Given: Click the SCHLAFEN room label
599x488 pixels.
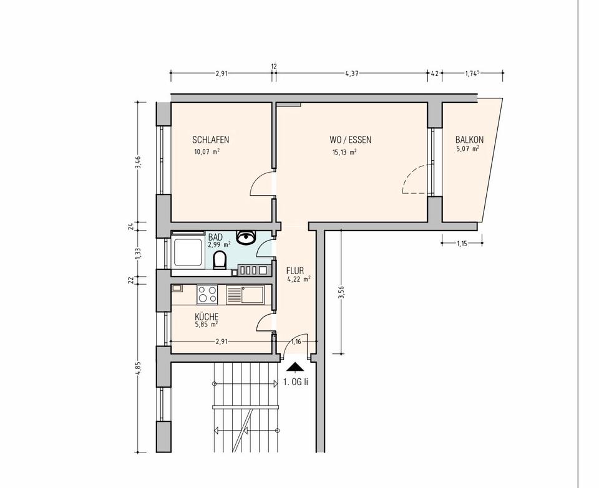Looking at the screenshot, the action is [x=210, y=140].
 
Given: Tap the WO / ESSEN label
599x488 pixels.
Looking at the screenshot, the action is [x=350, y=140].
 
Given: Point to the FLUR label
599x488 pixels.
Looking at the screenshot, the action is [x=295, y=271].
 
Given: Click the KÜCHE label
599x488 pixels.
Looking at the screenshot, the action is [x=207, y=317].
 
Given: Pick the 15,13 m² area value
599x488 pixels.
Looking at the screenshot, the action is [x=344, y=152].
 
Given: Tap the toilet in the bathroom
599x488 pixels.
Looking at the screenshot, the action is [x=219, y=261].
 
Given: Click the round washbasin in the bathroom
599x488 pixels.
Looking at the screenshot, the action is [x=246, y=237].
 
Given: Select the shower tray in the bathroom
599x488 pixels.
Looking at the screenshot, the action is [x=188, y=252].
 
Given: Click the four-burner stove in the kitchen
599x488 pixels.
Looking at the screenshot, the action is [x=207, y=295].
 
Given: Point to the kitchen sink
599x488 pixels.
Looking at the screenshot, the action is [x=245, y=295].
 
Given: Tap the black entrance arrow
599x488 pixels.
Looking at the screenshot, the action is [x=295, y=367].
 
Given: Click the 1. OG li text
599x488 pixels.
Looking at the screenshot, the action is [x=295, y=382].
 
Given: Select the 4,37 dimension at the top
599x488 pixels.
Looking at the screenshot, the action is [x=351, y=74].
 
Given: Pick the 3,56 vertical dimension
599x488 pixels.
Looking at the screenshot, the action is [x=342, y=293].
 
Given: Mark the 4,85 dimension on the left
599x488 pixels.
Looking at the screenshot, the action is [x=139, y=369].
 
